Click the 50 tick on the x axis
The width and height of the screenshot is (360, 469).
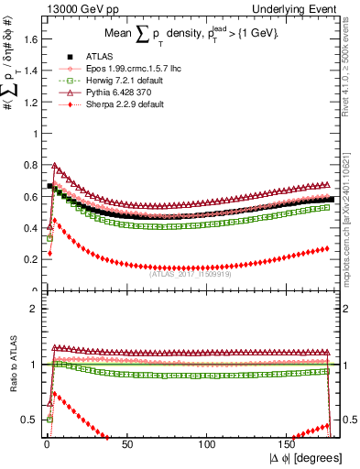tap(127, 444)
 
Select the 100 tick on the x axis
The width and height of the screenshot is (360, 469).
tap(208, 444)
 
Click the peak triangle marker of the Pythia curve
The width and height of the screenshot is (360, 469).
tap(55, 167)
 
